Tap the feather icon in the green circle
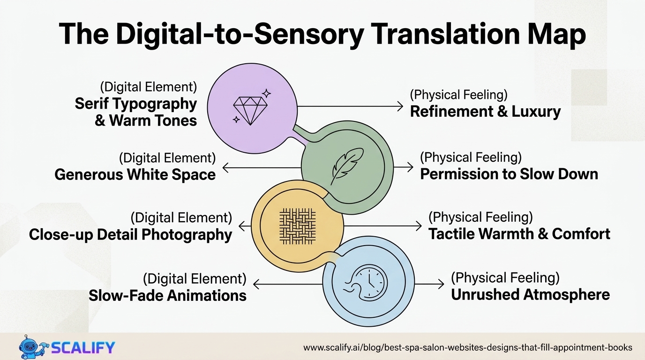click(x=347, y=165)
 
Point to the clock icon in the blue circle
click(x=368, y=283)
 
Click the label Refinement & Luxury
click(x=485, y=112)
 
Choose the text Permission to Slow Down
click(x=509, y=174)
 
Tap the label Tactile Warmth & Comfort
click(x=519, y=233)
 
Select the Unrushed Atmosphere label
click(x=530, y=294)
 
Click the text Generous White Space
click(x=135, y=174)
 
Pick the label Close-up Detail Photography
click(x=130, y=234)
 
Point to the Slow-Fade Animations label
click(x=167, y=295)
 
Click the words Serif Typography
click(x=135, y=104)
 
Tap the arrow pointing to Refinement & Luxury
click(x=350, y=106)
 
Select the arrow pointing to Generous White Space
click(x=261, y=167)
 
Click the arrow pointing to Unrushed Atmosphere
click(x=429, y=284)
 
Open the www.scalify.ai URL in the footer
click(x=467, y=347)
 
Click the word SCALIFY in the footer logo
click(x=82, y=348)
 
